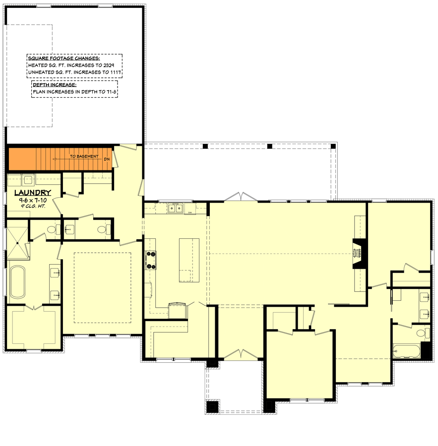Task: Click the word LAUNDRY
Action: tap(32, 193)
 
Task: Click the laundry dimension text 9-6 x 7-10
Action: tap(32, 200)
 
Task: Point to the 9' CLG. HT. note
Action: tap(32, 205)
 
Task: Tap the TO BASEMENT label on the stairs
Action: tap(84, 156)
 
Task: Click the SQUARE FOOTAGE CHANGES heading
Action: tap(64, 58)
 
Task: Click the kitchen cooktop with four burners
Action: tap(151, 260)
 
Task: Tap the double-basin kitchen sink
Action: tap(175, 208)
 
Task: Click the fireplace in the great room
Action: tap(357, 253)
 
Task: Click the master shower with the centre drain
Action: tap(17, 243)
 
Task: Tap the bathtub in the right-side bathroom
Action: tap(406, 352)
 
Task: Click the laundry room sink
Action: tap(27, 180)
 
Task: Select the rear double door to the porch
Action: tap(240, 197)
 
